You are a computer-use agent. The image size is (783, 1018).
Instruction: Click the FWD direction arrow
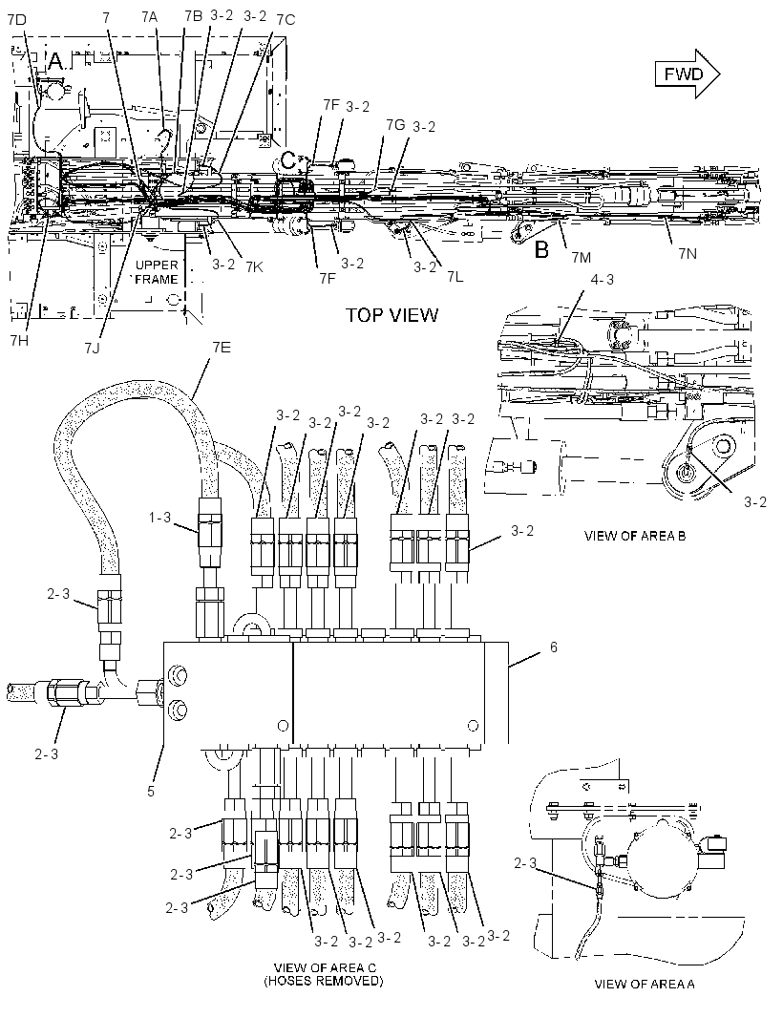point(687,74)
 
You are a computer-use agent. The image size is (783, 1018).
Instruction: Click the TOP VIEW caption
point(391,315)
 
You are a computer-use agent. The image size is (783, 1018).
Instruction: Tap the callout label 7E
point(222,348)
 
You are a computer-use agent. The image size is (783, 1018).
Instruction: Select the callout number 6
point(553,647)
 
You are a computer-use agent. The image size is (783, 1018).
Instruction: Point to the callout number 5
point(151,792)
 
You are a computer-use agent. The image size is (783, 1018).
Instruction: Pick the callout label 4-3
point(602,279)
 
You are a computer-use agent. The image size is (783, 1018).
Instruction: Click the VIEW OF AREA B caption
point(635,536)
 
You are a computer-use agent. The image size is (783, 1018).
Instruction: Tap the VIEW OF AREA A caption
point(644,984)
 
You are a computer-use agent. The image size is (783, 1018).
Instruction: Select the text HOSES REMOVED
point(324,981)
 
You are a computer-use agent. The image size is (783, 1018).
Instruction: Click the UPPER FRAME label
point(156,272)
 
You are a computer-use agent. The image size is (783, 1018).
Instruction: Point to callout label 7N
point(688,253)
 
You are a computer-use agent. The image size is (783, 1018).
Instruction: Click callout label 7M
point(582,258)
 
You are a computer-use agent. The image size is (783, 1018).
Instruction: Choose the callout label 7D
point(17,20)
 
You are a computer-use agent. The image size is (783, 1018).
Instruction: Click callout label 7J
point(93,348)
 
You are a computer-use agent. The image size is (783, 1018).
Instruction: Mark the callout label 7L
point(455,277)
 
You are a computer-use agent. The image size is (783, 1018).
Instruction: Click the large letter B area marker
point(541,249)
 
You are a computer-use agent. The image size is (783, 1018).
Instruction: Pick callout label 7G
point(394,124)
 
